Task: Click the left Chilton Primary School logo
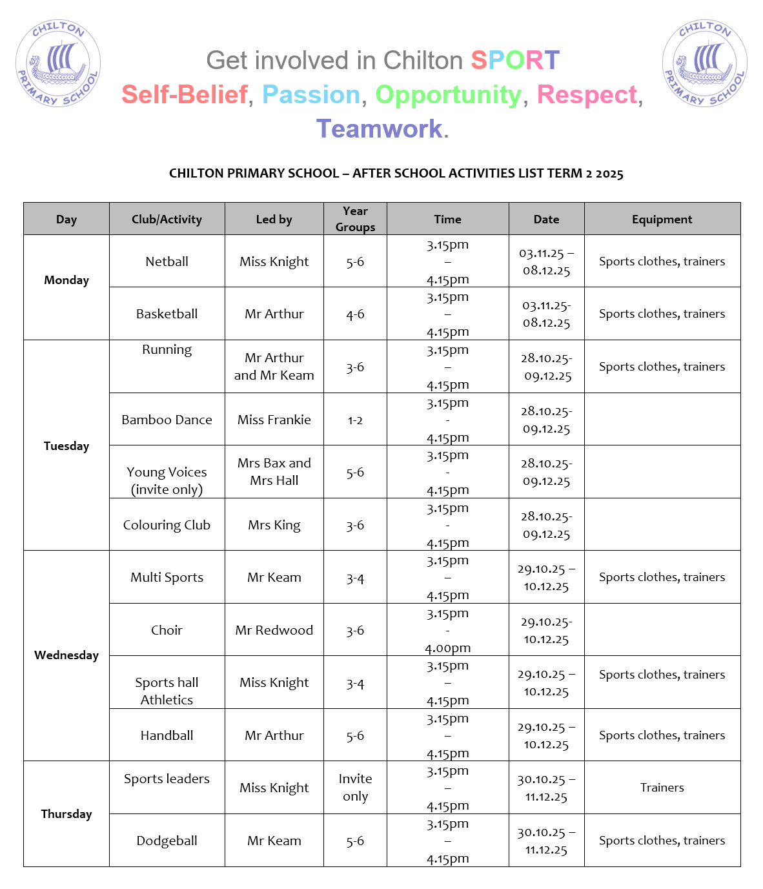pyautogui.click(x=58, y=63)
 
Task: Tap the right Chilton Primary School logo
pyautogui.click(x=705, y=63)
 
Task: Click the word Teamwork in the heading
pyautogui.click(x=379, y=128)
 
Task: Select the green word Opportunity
pyautogui.click(x=448, y=95)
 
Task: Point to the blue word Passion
pyautogui.click(x=310, y=95)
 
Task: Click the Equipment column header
pyautogui.click(x=662, y=220)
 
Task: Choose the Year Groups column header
pyautogui.click(x=355, y=219)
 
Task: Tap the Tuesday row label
pyautogui.click(x=66, y=445)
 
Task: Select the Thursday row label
pyautogui.click(x=66, y=813)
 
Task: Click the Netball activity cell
pyautogui.click(x=167, y=261)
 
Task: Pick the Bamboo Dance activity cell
pyautogui.click(x=167, y=420)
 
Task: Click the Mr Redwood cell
pyautogui.click(x=274, y=630)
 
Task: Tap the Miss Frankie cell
pyautogui.click(x=274, y=420)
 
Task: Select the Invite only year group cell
pyautogui.click(x=355, y=788)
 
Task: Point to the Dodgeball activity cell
pyautogui.click(x=167, y=841)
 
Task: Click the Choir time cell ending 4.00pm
pyautogui.click(x=447, y=630)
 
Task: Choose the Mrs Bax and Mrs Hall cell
pyautogui.click(x=274, y=472)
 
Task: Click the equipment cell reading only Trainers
pyautogui.click(x=662, y=788)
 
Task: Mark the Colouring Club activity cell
pyautogui.click(x=167, y=525)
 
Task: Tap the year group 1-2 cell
pyautogui.click(x=355, y=420)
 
